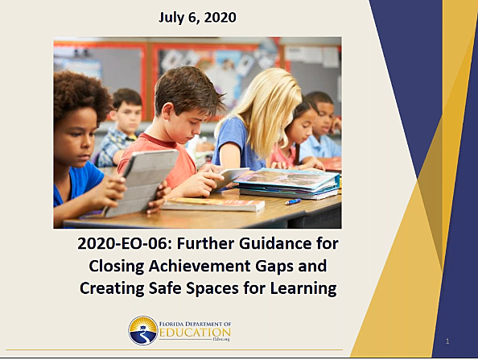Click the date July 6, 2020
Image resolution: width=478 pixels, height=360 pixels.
point(196,16)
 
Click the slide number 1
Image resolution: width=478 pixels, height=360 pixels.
point(447,341)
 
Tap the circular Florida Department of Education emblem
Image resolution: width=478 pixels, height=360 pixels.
point(142,330)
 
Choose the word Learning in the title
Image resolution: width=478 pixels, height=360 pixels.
point(297,288)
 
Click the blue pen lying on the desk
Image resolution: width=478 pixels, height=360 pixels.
point(292,201)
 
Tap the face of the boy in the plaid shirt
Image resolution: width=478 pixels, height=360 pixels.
point(127,118)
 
